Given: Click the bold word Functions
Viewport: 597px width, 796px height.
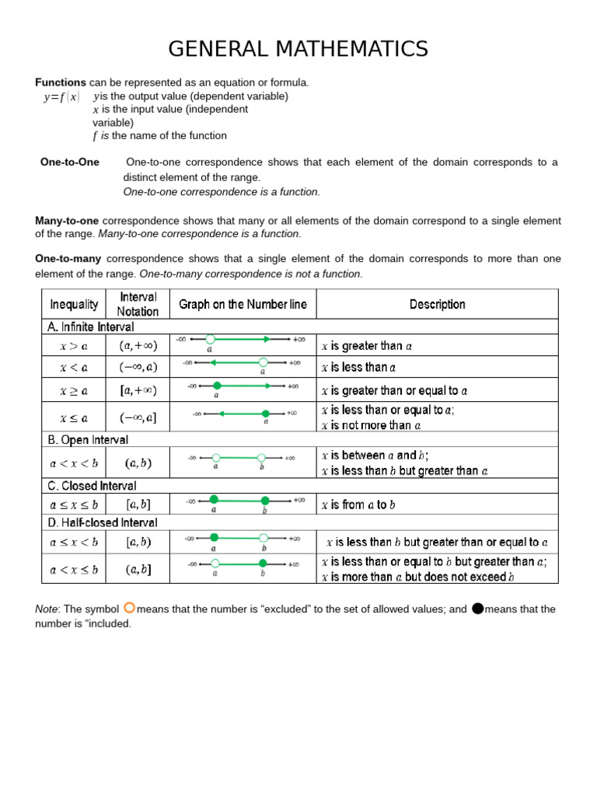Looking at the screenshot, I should pos(61,82).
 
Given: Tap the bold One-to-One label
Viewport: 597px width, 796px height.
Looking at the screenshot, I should pos(70,162).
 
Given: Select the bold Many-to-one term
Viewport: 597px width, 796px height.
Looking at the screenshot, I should pos(67,221).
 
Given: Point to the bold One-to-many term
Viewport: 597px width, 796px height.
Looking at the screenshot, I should pos(68,258).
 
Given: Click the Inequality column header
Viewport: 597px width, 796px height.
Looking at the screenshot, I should pos(74,304).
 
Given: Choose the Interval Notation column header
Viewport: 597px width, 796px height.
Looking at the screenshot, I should pos(138,304).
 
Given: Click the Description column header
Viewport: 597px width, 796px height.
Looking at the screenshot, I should pos(437,304).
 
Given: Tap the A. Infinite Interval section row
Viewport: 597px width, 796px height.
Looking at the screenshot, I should pos(91,327).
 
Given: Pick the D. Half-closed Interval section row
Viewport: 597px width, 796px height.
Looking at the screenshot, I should pos(102,522).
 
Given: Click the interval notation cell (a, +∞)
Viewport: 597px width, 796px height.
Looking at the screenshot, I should pos(138,345).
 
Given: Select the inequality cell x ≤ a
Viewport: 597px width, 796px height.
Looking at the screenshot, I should pos(74,417).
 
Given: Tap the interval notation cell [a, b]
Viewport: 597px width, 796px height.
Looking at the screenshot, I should pos(138,504).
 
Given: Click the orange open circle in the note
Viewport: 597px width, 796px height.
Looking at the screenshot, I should pos(129,608).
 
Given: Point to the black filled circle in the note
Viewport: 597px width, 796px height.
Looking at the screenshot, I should pos(477,608).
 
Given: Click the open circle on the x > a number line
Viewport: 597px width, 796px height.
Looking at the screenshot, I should pos(210,339).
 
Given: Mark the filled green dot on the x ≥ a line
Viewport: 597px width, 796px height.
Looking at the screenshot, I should pos(217,386).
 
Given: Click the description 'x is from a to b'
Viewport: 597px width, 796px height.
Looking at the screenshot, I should pos(358,504).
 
